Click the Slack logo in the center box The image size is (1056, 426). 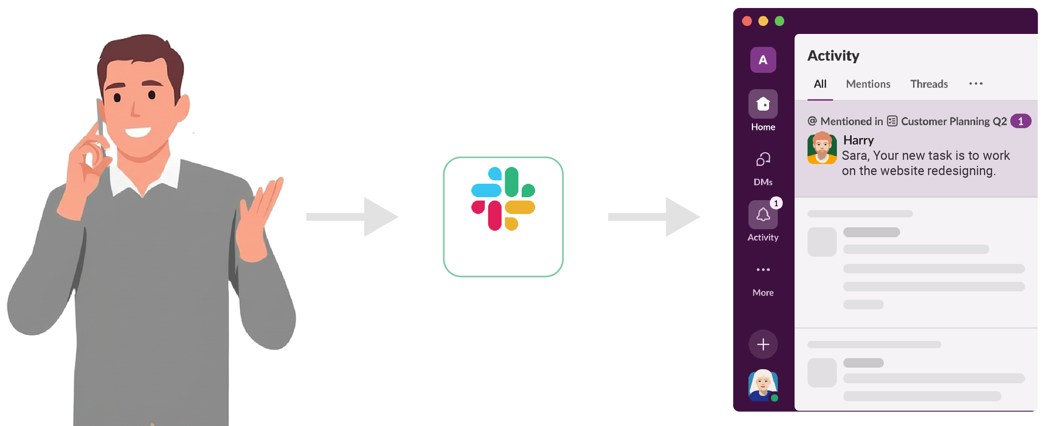pyautogui.click(x=503, y=199)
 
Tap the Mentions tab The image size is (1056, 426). pyautogui.click(x=868, y=84)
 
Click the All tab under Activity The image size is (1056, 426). pyautogui.click(x=819, y=84)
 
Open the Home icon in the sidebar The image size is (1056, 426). pyautogui.click(x=763, y=104)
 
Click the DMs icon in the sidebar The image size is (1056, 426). pyautogui.click(x=763, y=160)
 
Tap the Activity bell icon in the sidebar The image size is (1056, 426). pyautogui.click(x=763, y=215)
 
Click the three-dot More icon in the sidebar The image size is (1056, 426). pyautogui.click(x=763, y=270)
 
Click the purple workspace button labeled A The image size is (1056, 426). pyautogui.click(x=763, y=60)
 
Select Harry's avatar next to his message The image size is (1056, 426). pyautogui.click(x=822, y=148)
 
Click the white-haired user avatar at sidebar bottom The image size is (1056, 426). pyautogui.click(x=763, y=385)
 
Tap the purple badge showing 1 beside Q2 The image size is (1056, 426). pyautogui.click(x=1020, y=122)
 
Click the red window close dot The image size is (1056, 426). pyautogui.click(x=747, y=21)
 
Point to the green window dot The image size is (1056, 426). pyautogui.click(x=779, y=21)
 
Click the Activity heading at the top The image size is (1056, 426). pyautogui.click(x=833, y=56)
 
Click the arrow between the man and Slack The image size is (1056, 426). pyautogui.click(x=353, y=217)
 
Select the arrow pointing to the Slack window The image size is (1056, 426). pyautogui.click(x=654, y=217)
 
